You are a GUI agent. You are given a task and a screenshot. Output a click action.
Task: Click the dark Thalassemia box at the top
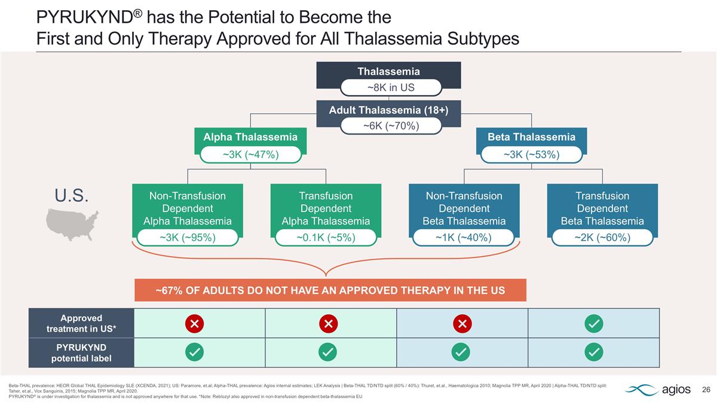tap(388, 71)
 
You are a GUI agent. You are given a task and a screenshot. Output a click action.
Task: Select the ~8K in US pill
tap(391, 87)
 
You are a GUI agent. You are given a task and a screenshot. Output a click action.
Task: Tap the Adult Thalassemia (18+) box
tap(388, 110)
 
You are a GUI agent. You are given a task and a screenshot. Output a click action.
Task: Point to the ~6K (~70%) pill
tap(391, 126)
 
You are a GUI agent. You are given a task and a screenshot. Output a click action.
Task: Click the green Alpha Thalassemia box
tap(250, 137)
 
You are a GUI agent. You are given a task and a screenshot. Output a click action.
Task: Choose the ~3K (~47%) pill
tap(250, 154)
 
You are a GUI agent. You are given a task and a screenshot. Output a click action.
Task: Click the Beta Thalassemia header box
tap(531, 137)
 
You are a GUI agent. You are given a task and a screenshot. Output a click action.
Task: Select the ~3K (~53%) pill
tap(531, 154)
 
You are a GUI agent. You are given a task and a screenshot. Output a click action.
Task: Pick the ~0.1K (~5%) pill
tap(326, 238)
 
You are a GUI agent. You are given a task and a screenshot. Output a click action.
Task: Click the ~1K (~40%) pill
tap(464, 238)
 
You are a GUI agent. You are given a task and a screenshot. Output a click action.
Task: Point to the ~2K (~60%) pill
tap(602, 238)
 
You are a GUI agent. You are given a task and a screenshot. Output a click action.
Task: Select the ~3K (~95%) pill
tap(188, 238)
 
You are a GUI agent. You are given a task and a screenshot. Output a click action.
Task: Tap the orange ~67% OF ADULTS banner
tap(330, 290)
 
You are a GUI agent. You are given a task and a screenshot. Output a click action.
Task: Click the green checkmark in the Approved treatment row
tap(594, 324)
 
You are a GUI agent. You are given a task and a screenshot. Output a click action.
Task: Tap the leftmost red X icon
tap(195, 324)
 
